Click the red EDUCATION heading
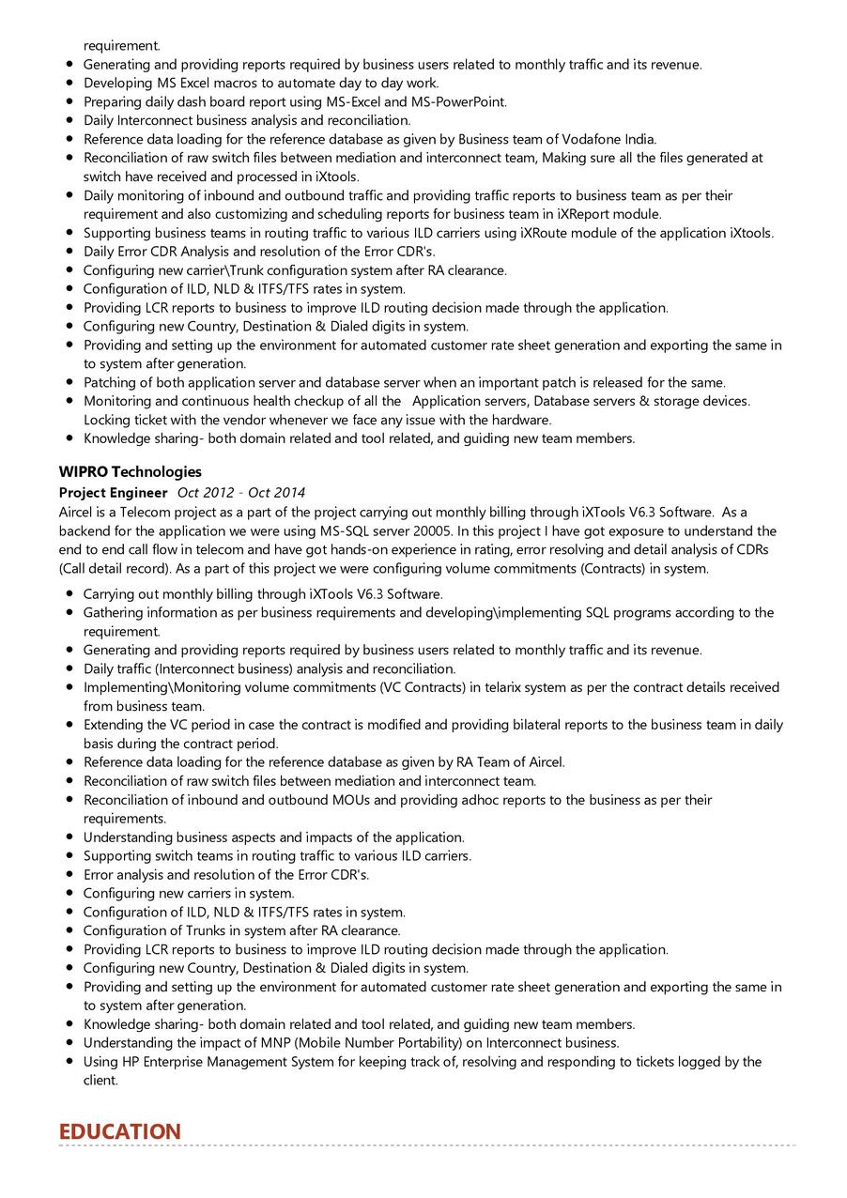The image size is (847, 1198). pos(119,1131)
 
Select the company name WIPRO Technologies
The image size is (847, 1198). pos(130,471)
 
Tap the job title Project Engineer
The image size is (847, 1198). pos(113,493)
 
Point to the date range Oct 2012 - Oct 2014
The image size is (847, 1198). pos(241,493)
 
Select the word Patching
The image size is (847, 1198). pos(110,382)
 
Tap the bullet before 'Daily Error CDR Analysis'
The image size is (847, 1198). pos(70,252)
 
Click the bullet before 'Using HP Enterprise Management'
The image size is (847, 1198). pos(70,1062)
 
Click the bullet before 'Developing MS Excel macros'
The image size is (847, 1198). pos(70,83)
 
